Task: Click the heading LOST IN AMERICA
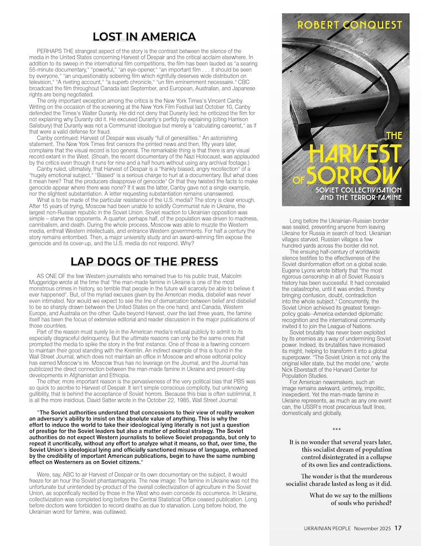pos(144,37)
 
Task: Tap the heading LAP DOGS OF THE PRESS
pos(144,261)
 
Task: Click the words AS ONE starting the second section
pos(48,276)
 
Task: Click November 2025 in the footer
pos(374,528)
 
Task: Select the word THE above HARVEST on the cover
pos(394,135)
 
